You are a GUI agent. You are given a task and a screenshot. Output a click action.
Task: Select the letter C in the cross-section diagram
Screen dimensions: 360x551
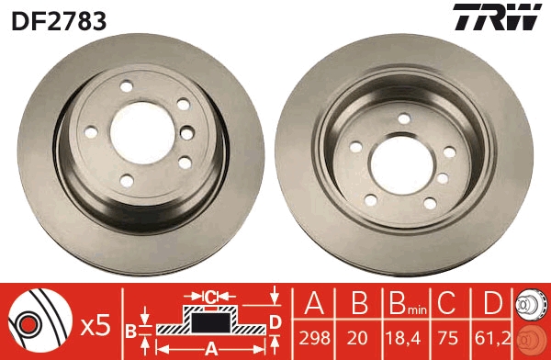(210, 297)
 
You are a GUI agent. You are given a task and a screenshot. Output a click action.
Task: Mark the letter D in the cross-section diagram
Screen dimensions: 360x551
(275, 321)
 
